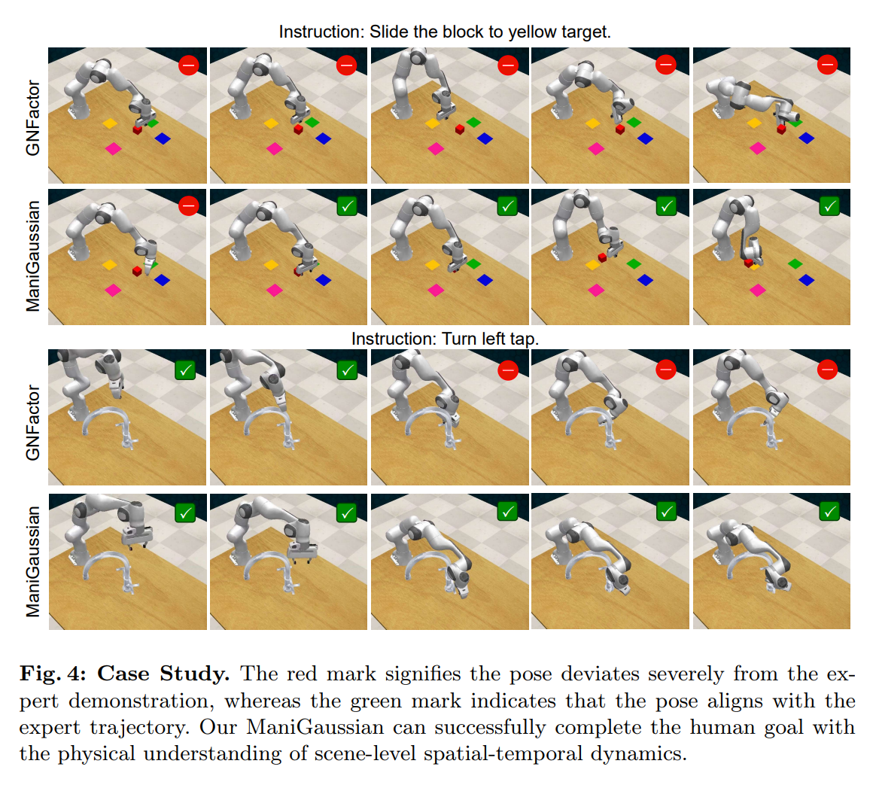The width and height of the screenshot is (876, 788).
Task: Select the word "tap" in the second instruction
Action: [525, 339]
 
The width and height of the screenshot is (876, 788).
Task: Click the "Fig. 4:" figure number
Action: [53, 674]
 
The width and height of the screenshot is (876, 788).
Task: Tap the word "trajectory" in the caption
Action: [138, 728]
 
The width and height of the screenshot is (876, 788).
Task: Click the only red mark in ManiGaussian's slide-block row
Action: [189, 205]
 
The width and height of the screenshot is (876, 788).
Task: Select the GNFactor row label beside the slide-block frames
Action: [33, 117]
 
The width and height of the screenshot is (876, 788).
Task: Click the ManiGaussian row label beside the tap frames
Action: [33, 561]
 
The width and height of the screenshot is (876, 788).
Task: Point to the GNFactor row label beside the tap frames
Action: [33, 422]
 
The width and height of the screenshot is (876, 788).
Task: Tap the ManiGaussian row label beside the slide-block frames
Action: [33, 255]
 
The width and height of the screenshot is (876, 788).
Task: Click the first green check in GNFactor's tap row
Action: [185, 370]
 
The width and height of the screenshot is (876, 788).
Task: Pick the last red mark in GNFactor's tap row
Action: [827, 370]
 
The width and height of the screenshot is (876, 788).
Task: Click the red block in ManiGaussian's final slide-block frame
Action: [748, 262]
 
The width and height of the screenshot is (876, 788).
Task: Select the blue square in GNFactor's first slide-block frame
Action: [163, 138]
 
